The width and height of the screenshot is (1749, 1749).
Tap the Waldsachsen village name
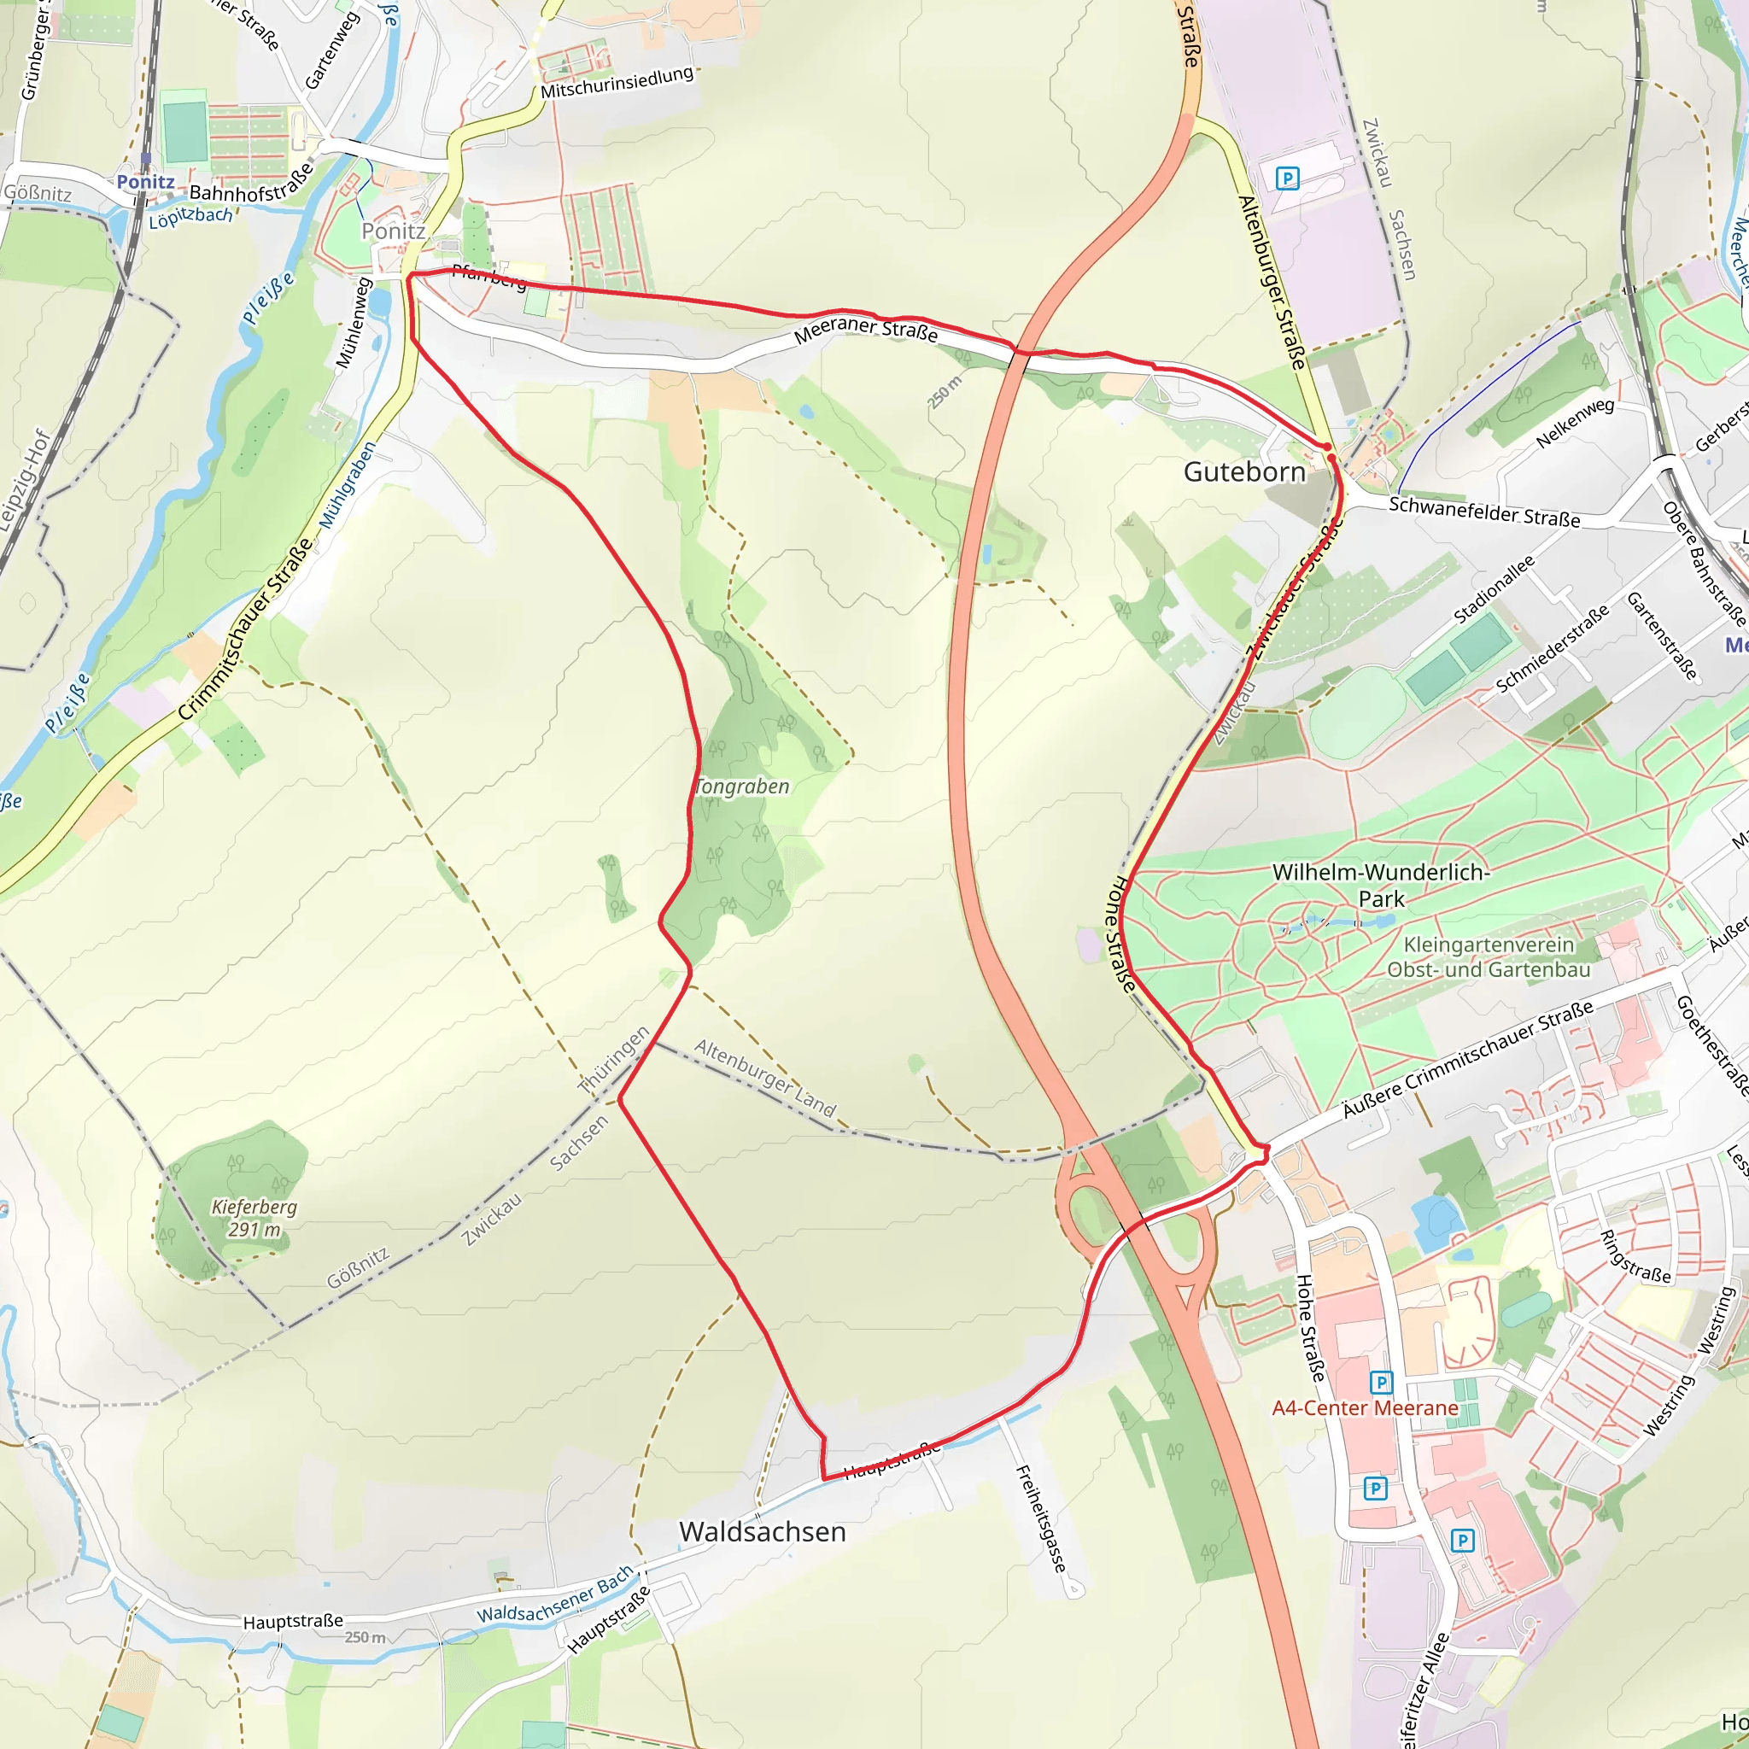pos(763,1532)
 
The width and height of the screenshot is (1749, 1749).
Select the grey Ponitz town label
pos(393,231)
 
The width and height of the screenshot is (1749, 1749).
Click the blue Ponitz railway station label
pos(145,182)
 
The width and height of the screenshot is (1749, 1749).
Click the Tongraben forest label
pos(741,787)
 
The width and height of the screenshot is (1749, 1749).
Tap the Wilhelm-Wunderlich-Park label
pos(1381,886)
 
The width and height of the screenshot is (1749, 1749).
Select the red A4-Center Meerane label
pos(1364,1407)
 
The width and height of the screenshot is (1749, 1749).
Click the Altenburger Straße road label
pos(1271,283)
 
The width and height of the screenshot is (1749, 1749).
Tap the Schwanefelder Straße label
pos(1483,512)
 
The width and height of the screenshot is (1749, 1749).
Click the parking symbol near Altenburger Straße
pos(1286,178)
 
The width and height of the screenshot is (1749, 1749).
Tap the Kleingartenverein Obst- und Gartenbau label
pos(1489,956)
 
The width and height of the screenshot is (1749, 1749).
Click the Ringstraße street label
pos(1634,1256)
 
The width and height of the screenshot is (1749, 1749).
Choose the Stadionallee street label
pos(1494,589)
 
